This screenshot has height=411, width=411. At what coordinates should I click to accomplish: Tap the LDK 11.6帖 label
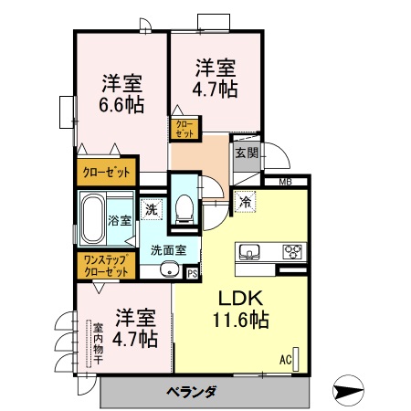241,311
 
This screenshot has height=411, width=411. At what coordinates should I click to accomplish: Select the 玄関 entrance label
245,153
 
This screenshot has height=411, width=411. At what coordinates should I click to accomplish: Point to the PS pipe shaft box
192,271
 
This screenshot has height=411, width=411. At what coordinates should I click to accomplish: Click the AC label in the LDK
285,360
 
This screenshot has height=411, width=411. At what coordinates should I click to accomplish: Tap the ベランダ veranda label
192,393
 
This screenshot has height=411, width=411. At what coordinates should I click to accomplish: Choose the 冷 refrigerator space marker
246,202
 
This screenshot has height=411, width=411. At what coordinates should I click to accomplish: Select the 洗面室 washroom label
168,249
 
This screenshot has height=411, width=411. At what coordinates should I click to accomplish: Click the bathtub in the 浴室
93,219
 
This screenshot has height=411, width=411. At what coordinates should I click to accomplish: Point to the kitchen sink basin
250,251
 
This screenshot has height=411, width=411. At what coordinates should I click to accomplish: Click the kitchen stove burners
293,251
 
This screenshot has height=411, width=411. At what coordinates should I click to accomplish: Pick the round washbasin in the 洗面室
168,269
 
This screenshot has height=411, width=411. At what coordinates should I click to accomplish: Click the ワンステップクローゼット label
105,266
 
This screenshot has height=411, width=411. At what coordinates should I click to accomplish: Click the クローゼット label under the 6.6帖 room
106,172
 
